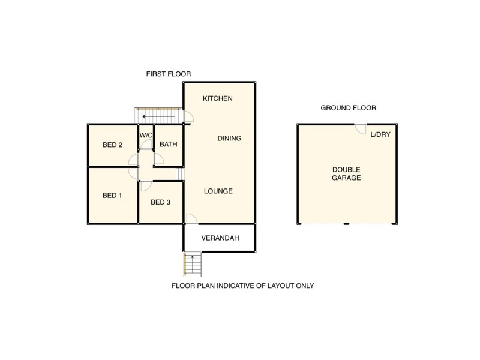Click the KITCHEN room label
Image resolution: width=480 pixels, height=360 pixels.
click(217, 98)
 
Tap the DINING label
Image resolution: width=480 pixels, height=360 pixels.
click(229, 139)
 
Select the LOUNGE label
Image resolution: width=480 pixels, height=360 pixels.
click(218, 191)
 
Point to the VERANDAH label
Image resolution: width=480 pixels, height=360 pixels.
click(220, 238)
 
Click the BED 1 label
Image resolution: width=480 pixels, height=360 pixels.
click(112, 196)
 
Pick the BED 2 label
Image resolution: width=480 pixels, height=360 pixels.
click(112, 145)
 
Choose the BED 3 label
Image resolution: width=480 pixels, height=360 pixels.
click(160, 202)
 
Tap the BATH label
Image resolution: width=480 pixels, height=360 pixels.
click(168, 145)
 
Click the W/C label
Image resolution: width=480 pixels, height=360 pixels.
click(146, 136)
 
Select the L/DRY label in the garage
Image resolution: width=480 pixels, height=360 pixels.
click(380, 134)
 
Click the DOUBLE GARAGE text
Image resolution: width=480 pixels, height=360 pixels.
click(346, 173)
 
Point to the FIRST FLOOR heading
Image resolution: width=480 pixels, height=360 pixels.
click(169, 74)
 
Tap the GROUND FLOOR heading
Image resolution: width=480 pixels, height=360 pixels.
click(348, 108)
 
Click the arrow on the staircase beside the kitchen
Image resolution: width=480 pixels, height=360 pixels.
click(159, 116)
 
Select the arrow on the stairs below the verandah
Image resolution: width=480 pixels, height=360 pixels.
click(193, 259)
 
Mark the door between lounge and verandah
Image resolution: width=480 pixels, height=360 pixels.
click(190, 218)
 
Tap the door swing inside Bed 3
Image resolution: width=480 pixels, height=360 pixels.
click(145, 185)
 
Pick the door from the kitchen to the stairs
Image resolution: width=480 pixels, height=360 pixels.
click(188, 118)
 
